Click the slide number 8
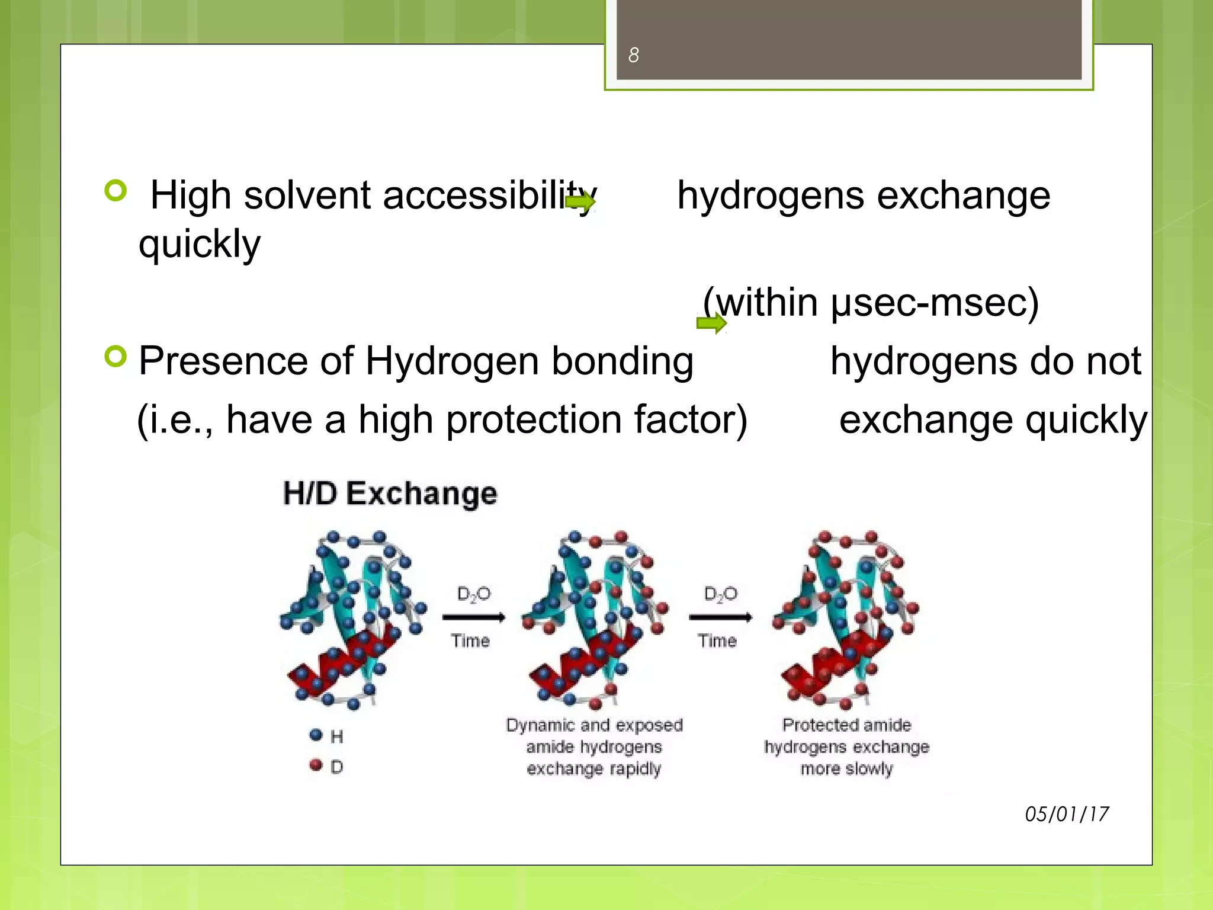coord(633,55)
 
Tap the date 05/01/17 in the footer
coord(1066,814)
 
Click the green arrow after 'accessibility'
coord(580,203)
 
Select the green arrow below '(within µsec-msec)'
coord(711,323)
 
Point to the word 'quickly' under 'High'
coord(199,244)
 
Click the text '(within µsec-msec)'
coord(870,303)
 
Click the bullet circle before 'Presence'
coord(115,356)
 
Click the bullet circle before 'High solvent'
coord(115,191)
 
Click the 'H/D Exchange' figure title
coord(390,494)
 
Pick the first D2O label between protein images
coord(473,594)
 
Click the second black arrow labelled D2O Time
coord(720,618)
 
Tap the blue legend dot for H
coord(316,735)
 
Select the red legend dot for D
coord(316,765)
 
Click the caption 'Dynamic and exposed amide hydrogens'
coord(594,735)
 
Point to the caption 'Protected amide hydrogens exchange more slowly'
coord(846,746)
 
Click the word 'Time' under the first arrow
coord(470,641)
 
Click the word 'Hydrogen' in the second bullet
coord(453,361)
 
